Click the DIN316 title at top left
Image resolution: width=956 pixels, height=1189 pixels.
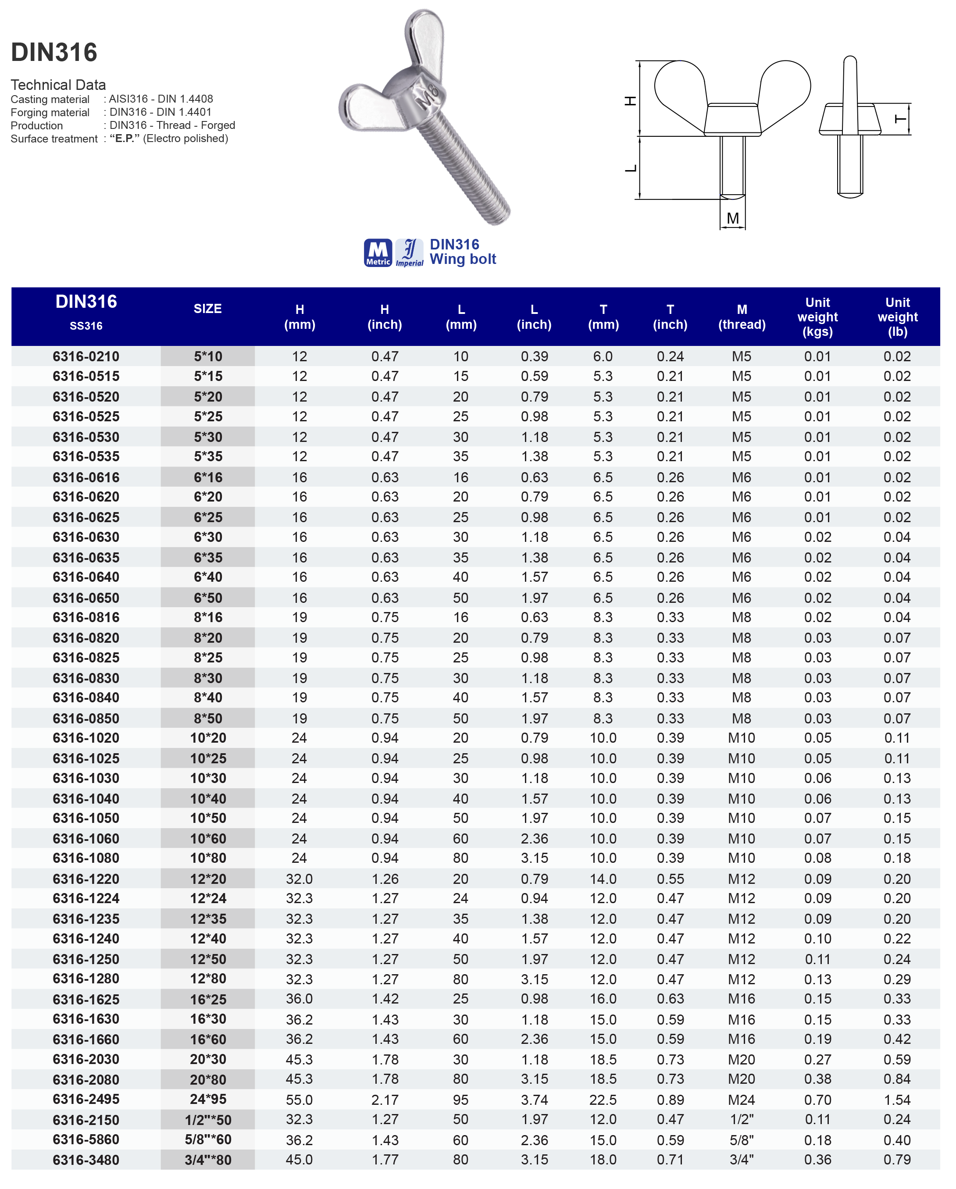(x=54, y=52)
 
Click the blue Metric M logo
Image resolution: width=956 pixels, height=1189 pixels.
(x=378, y=253)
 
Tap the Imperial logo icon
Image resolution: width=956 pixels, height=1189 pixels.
(x=409, y=253)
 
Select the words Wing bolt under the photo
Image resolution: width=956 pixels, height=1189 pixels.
(x=463, y=259)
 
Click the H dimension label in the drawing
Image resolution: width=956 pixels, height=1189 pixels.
(x=631, y=100)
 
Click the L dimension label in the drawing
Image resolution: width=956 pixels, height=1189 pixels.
(x=631, y=168)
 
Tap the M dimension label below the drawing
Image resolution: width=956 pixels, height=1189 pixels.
(x=733, y=218)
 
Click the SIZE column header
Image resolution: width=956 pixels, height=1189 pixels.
(x=207, y=309)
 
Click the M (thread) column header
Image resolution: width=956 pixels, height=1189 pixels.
(x=742, y=317)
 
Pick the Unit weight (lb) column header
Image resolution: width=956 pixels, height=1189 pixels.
(x=898, y=317)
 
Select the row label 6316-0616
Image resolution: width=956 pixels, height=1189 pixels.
(x=86, y=477)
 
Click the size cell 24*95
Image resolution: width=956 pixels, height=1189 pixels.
(x=208, y=1099)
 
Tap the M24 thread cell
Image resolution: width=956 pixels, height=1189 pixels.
(x=742, y=1100)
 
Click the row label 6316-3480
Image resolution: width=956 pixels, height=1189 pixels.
(x=86, y=1160)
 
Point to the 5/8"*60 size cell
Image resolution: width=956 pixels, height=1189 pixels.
(x=208, y=1139)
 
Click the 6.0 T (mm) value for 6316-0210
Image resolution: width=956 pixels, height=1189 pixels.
(x=603, y=356)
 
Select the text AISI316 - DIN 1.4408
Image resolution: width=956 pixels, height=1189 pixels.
(x=161, y=99)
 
